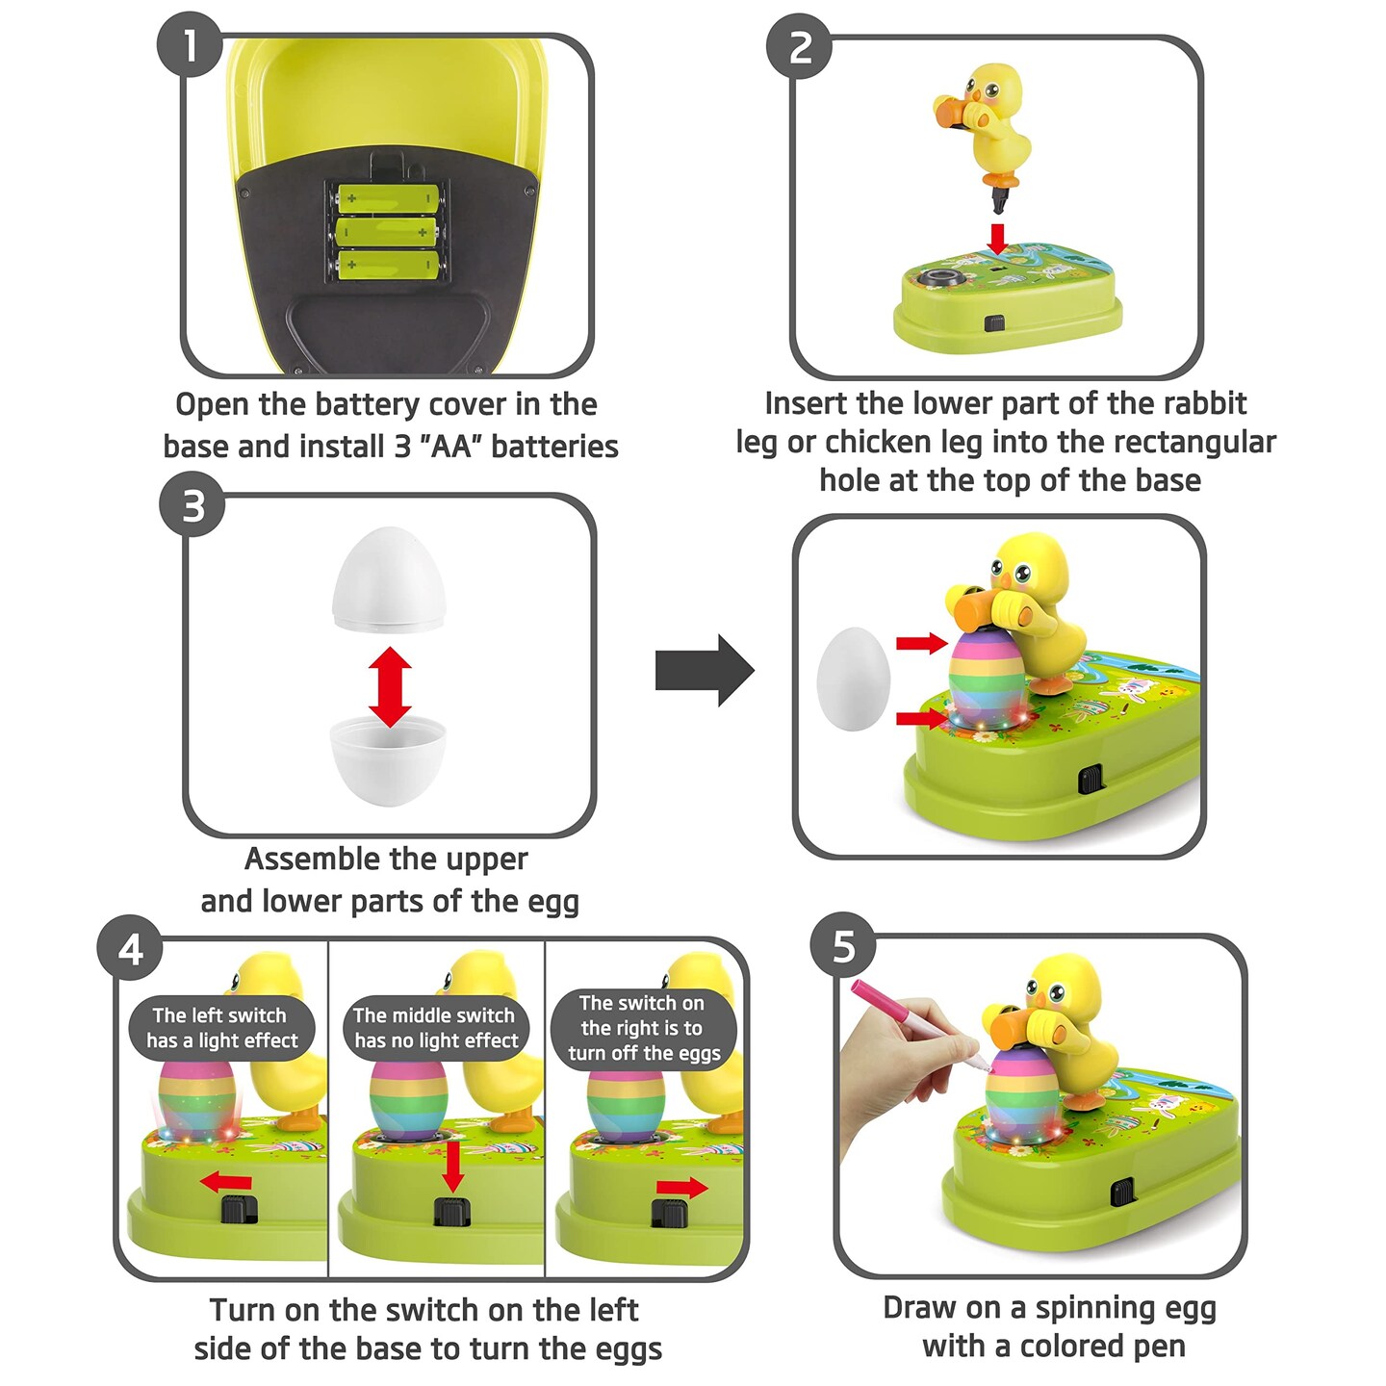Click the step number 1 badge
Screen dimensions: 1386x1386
190,44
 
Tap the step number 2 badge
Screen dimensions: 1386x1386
798,46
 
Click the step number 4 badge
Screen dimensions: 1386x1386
130,948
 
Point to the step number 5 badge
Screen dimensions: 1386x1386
843,946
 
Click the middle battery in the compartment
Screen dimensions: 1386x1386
388,232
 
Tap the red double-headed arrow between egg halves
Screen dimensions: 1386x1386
390,687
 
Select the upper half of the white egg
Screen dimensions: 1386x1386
389,579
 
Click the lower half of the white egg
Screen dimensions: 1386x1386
388,761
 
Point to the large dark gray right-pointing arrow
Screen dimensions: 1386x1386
705,670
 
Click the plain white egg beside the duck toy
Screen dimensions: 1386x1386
854,680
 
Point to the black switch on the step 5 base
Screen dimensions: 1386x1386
1122,1192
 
